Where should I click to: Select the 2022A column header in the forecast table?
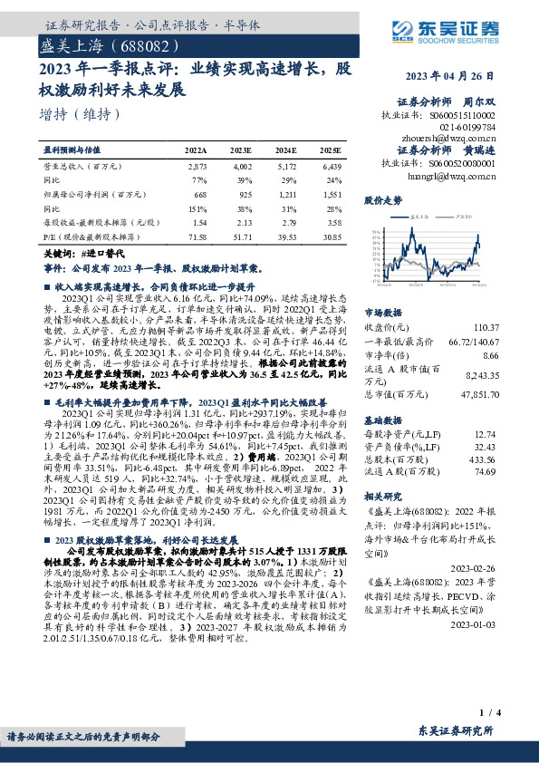tap(197, 150)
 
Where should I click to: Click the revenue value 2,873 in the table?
tap(197, 168)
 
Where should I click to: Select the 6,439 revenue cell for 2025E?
tap(331, 168)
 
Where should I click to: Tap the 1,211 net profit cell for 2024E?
tap(286, 194)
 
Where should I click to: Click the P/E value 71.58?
tap(197, 236)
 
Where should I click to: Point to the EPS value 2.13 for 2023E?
tap(243, 222)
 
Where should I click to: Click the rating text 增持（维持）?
tap(81, 114)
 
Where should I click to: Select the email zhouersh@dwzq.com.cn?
tap(445, 139)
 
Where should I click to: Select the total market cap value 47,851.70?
tap(479, 394)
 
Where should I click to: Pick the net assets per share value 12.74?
tap(486, 434)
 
